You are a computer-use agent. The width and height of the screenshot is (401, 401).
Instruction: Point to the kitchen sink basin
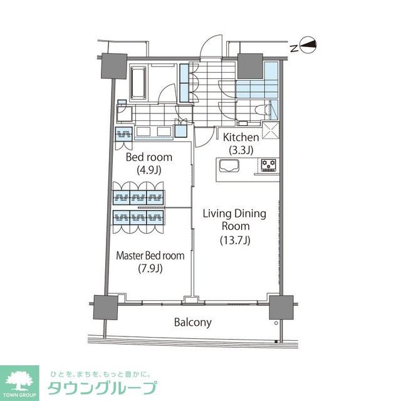point(228,167)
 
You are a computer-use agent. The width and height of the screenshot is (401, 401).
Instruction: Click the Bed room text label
point(149,157)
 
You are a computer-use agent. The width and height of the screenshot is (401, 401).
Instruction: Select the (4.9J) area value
point(149,169)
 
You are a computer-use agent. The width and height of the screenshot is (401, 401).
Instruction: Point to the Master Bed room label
point(150,256)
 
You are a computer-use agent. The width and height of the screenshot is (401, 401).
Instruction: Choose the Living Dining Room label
point(234,220)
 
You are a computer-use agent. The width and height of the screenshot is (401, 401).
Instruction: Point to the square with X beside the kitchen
point(271,130)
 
